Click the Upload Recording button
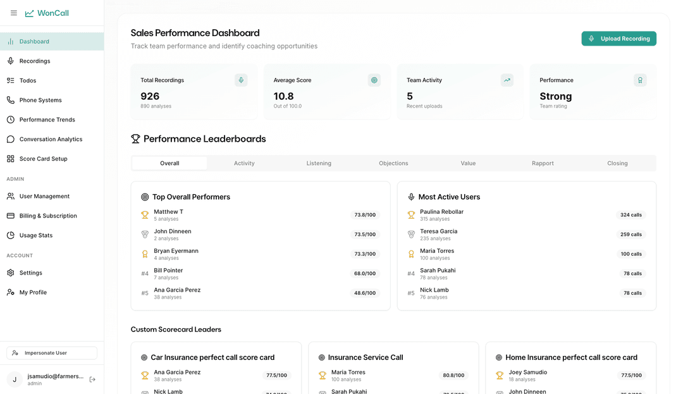(x=618, y=39)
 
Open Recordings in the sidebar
(x=35, y=61)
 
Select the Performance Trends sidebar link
(x=47, y=120)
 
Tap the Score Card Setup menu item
(x=43, y=159)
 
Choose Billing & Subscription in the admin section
(x=48, y=216)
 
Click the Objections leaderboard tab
(x=393, y=163)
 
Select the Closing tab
(x=617, y=163)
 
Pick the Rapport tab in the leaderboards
(x=543, y=163)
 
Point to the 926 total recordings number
(x=150, y=96)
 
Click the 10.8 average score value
(x=283, y=96)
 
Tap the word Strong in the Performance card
(x=556, y=96)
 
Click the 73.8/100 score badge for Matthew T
(x=365, y=214)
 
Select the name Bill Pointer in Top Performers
(x=168, y=270)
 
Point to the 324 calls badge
(x=631, y=214)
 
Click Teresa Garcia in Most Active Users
(x=439, y=231)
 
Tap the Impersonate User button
(x=52, y=353)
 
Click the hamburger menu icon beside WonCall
(x=14, y=13)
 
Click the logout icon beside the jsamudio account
(x=92, y=379)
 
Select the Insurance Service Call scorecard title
(x=366, y=357)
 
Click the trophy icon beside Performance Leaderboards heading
(x=135, y=139)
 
